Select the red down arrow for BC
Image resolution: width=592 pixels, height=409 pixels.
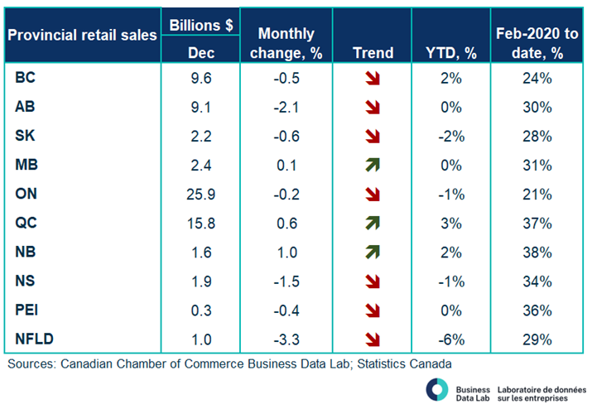373,79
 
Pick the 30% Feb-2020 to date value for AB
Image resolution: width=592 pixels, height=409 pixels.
538,108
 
